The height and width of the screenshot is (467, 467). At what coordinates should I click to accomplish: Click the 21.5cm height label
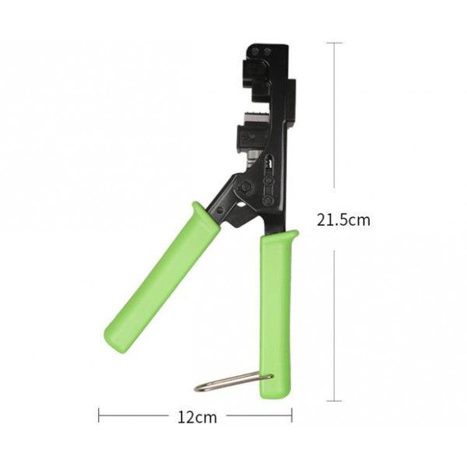point(343,219)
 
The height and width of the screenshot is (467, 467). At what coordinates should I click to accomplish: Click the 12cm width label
point(195,417)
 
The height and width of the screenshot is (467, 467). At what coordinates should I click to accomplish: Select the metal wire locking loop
point(233,381)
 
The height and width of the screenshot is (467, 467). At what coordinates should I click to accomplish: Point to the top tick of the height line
point(335,43)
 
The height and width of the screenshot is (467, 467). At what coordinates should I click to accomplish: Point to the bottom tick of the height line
point(335,401)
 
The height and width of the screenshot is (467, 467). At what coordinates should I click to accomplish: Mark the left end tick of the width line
point(99,416)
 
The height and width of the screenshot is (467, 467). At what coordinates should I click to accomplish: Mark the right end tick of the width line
point(292,416)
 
